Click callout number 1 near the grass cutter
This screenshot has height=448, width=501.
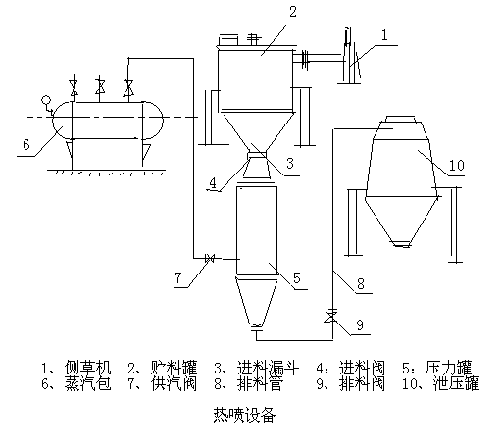click(x=384, y=35)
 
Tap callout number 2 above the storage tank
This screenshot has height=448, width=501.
click(x=293, y=12)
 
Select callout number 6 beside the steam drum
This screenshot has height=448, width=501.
click(x=26, y=144)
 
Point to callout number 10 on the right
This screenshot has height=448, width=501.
click(x=457, y=165)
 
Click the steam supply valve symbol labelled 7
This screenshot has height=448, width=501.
click(x=209, y=259)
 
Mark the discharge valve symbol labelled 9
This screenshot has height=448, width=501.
click(x=332, y=318)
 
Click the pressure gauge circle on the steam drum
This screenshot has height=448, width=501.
click(x=46, y=99)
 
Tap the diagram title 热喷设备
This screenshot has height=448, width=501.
click(x=244, y=415)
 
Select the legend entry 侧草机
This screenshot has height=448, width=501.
click(x=87, y=368)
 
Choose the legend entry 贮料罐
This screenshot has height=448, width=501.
click(x=175, y=368)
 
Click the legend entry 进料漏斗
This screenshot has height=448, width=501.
click(x=268, y=368)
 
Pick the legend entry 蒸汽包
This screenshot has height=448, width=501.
click(x=87, y=383)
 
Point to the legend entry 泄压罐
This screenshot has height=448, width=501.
click(x=456, y=383)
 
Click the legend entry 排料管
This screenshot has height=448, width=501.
click(x=261, y=383)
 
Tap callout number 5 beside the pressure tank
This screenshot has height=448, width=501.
click(x=296, y=277)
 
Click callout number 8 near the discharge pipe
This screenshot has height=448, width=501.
click(x=361, y=283)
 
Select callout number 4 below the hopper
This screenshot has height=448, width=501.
click(x=213, y=183)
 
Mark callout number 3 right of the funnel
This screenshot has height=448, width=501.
click(x=290, y=163)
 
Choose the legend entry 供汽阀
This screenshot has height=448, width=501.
click(x=175, y=383)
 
